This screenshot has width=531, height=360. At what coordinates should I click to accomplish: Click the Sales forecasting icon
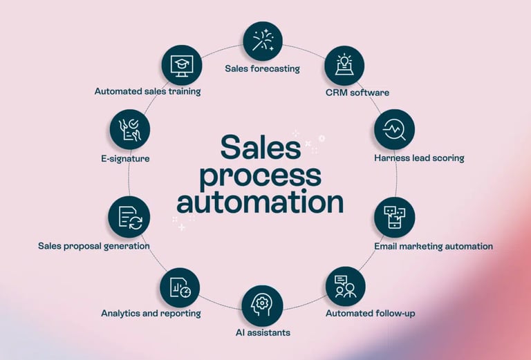tap(263, 41)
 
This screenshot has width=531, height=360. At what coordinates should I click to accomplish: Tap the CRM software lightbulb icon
tap(344, 66)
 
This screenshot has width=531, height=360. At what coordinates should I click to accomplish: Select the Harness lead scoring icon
tap(394, 129)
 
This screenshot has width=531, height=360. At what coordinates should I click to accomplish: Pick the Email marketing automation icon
tap(394, 217)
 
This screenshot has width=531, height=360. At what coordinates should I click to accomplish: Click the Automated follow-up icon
tap(345, 286)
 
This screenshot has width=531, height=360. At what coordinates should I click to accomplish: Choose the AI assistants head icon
tap(262, 305)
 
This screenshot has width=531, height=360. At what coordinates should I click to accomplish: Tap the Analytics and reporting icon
tap(180, 286)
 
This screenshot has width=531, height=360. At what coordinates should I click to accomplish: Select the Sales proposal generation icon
tap(129, 216)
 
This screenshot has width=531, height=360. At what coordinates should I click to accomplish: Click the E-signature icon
tap(129, 129)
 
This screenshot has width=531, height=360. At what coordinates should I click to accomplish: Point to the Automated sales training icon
tap(181, 66)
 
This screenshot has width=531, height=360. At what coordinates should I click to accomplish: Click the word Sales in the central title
tap(261, 147)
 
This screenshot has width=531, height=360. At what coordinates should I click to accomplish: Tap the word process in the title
tap(261, 175)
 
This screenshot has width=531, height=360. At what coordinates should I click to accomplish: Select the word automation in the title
tap(261, 202)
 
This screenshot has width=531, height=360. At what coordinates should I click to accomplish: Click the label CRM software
tap(357, 93)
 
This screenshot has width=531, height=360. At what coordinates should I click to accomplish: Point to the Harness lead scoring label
tap(419, 158)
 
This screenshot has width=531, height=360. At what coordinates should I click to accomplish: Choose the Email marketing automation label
tap(434, 246)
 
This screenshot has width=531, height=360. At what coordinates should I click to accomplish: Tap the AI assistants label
tap(262, 332)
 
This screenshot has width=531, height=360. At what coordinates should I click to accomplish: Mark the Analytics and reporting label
tap(151, 313)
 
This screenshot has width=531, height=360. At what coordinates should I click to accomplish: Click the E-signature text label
tap(125, 158)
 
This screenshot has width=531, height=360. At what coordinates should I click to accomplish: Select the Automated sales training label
tap(148, 91)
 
